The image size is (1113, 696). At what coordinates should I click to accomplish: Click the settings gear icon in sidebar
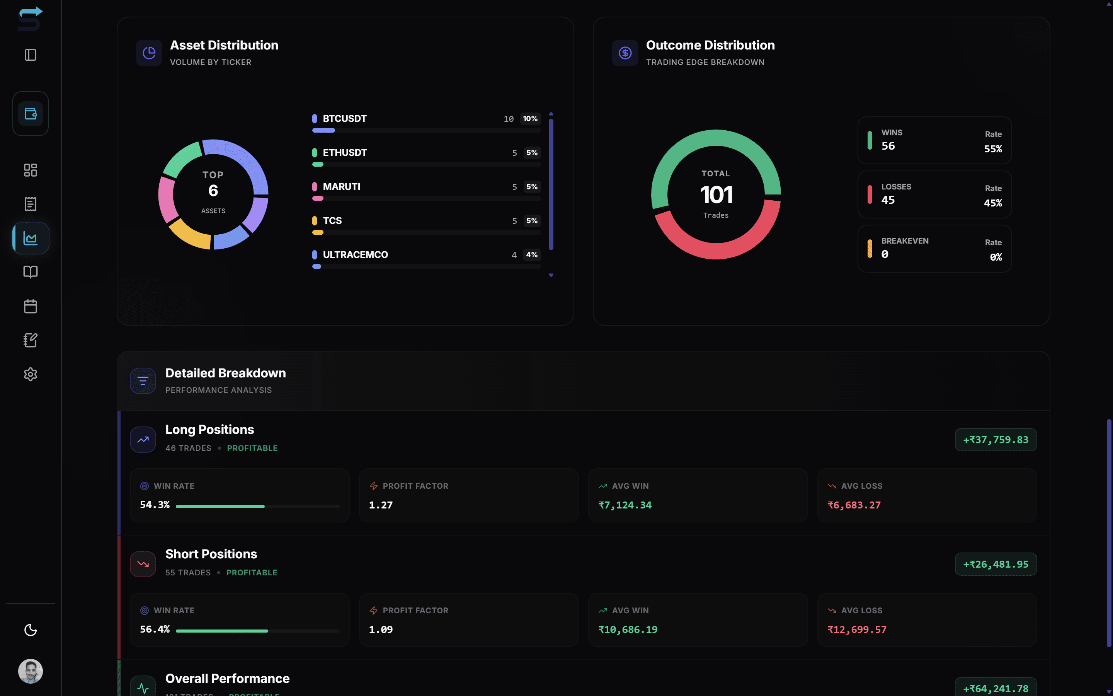31,374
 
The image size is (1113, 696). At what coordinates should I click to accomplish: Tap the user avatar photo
31,671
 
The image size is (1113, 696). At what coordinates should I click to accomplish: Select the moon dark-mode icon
31,630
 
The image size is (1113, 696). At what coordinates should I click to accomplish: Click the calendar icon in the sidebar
31,306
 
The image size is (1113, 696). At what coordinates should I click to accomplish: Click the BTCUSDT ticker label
344,118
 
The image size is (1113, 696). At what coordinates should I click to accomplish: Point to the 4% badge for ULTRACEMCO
532,254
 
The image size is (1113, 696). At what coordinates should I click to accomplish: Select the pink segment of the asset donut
167,199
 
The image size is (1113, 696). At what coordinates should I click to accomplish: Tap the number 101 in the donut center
716,195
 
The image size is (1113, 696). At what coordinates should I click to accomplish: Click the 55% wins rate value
992,149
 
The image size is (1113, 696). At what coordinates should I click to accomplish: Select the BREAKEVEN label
905,241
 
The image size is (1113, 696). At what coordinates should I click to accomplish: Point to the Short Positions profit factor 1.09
381,629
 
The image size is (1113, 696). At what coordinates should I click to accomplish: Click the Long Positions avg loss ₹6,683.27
854,505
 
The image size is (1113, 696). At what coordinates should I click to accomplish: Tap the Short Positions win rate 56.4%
155,629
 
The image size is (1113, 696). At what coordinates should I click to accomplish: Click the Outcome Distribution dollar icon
625,53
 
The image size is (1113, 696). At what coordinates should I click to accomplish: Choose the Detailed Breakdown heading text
225,373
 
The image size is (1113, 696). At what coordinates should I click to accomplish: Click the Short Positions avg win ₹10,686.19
628,629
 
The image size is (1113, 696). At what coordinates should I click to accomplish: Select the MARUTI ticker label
341,186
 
